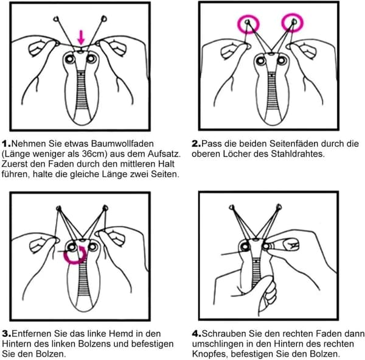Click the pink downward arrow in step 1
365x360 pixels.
[81, 37]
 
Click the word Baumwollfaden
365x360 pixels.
[122, 144]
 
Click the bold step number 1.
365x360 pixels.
[6, 144]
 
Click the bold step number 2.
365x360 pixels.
[196, 144]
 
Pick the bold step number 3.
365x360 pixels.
[7, 333]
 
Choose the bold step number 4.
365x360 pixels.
[196, 333]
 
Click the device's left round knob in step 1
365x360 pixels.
[70, 59]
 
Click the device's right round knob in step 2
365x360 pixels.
[282, 61]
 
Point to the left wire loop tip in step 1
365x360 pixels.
[56, 19]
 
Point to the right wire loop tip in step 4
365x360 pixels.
[279, 206]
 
